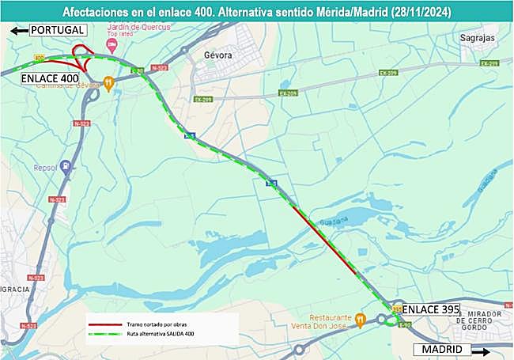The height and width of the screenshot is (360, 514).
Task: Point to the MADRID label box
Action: [441, 349]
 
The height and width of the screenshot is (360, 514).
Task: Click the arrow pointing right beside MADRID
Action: [479, 349]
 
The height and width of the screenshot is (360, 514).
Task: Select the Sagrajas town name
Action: [478, 36]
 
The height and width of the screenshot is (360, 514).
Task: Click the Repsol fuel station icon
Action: [66, 166]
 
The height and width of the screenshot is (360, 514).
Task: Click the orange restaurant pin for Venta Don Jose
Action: [361, 320]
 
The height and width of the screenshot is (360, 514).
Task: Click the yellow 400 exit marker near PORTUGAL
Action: [39, 58]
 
